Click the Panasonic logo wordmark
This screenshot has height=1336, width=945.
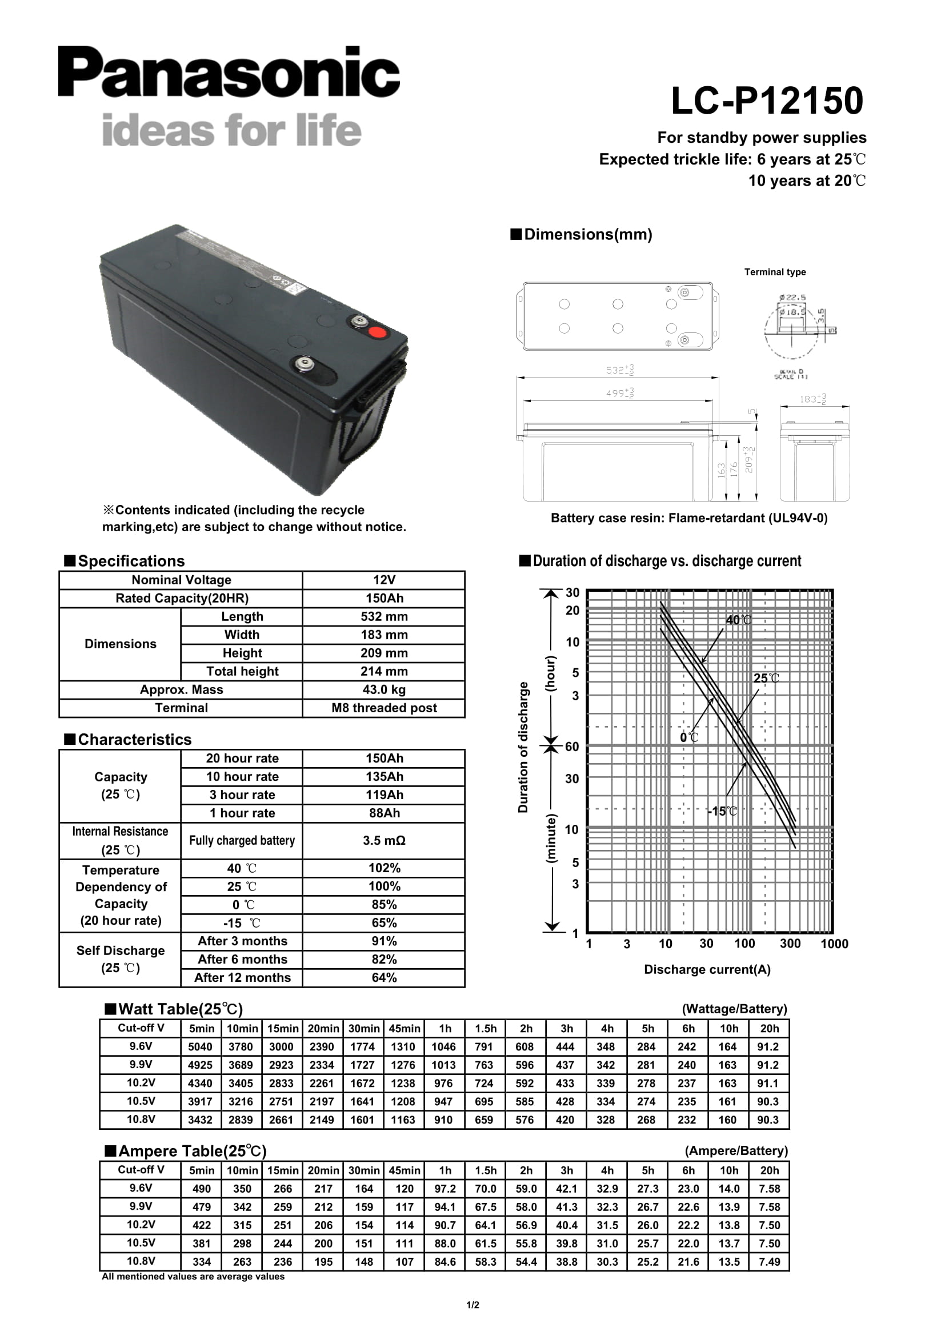229,72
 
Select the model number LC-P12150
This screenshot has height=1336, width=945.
766,101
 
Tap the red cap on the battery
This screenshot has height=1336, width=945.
377,333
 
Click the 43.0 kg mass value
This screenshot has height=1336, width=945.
383,689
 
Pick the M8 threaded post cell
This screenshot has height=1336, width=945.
383,708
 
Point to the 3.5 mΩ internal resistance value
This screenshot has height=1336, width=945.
383,840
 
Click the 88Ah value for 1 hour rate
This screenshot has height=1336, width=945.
383,813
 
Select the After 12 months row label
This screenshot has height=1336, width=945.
242,977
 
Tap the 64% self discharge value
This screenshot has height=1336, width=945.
383,977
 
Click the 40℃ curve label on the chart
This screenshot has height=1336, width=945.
738,620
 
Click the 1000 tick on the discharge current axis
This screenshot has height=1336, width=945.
834,944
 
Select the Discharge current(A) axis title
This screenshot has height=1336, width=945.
707,969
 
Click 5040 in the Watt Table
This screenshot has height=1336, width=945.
200,1047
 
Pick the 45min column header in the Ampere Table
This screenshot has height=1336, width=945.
404,1170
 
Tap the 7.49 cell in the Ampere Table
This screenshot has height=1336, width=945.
768,1262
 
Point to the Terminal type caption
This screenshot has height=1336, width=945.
775,272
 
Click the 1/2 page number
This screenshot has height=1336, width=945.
472,1305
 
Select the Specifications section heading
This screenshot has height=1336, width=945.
131,561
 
